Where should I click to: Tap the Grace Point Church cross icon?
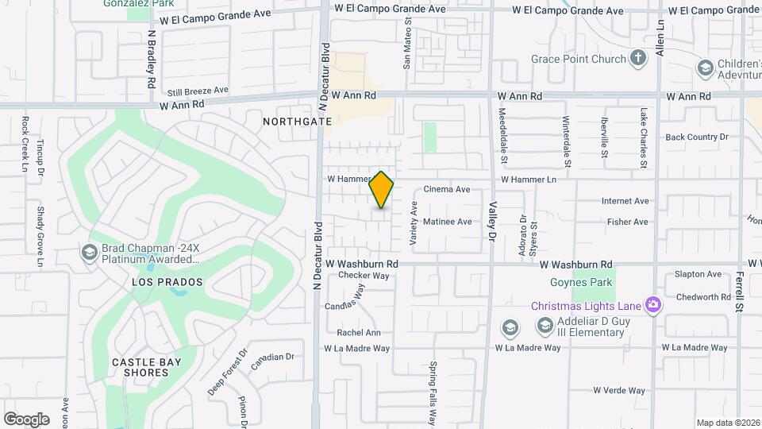tap(638, 57)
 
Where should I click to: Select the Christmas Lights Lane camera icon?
tap(653, 305)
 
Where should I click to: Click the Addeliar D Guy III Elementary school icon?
tap(545, 325)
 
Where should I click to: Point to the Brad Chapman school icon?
tap(90, 252)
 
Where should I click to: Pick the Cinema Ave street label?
tap(447, 189)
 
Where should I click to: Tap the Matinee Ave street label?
tap(448, 222)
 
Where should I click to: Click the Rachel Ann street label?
tap(359, 333)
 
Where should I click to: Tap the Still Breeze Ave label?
tap(198, 90)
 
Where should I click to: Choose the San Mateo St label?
tap(407, 48)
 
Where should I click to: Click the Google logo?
tap(27, 419)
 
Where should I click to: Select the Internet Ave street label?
tap(625, 202)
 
